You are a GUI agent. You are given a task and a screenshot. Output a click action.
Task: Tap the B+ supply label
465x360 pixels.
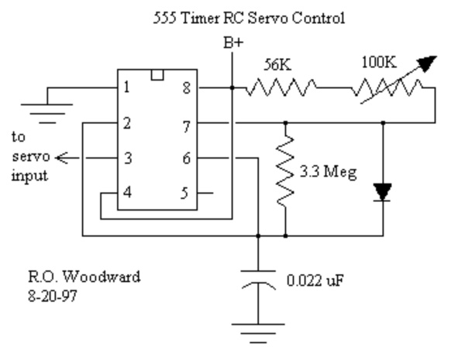tap(232, 43)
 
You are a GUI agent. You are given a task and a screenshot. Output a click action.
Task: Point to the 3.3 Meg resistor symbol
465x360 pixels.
tap(287, 172)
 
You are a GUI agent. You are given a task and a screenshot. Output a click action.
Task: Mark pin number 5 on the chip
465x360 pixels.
tap(184, 193)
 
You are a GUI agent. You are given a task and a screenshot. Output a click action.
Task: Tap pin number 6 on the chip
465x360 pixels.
tap(184, 158)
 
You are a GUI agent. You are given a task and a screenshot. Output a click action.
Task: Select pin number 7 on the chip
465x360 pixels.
tap(184, 122)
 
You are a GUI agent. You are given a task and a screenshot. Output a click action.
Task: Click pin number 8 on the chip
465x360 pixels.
tap(184, 88)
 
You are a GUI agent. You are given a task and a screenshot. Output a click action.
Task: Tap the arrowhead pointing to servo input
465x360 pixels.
tap(63, 157)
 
